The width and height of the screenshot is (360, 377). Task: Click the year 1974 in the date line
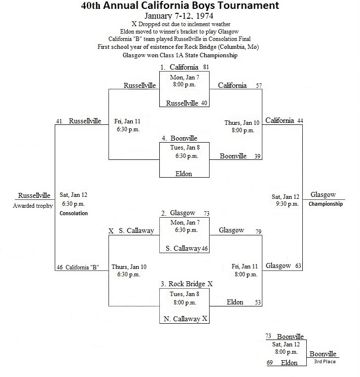pyautogui.click(x=205, y=16)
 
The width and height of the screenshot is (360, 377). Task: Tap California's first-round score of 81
pyautogui.click(x=206, y=67)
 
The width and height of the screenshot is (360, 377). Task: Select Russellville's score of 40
pyautogui.click(x=204, y=103)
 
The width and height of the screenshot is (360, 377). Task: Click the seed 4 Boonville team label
pyautogui.click(x=180, y=138)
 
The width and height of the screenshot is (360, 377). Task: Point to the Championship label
pyautogui.click(x=325, y=204)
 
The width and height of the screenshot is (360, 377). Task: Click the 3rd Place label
pyautogui.click(x=324, y=361)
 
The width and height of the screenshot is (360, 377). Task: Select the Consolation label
pyautogui.click(x=73, y=213)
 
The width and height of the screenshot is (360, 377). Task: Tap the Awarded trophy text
pyautogui.click(x=33, y=206)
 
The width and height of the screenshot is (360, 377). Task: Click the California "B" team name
pyautogui.click(x=82, y=267)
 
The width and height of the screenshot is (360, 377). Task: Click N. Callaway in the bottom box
pyautogui.click(x=182, y=319)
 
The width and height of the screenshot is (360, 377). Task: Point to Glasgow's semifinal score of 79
pyautogui.click(x=258, y=231)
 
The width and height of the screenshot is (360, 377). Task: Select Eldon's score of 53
pyautogui.click(x=258, y=302)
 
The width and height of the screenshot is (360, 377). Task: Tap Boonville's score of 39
pyautogui.click(x=257, y=156)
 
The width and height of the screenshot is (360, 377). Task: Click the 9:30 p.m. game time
pyautogui.click(x=287, y=204)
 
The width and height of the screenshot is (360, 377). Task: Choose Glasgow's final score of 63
pyautogui.click(x=298, y=265)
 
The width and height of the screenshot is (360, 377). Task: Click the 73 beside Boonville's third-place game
pyautogui.click(x=268, y=336)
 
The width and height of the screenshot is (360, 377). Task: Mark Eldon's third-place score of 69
pyautogui.click(x=270, y=362)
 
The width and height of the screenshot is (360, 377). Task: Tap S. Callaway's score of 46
pyautogui.click(x=205, y=248)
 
